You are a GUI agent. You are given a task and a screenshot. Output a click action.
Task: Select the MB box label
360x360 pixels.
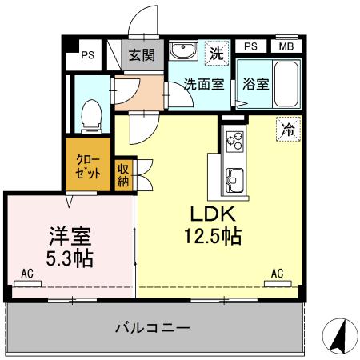286,46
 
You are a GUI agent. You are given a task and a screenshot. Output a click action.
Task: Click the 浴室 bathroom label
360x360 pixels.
256,83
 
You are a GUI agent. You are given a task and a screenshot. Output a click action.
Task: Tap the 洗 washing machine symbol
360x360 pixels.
215,54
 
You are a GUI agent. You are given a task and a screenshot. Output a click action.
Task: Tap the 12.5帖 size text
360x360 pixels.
210,238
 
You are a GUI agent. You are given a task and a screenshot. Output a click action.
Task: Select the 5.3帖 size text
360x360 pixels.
68,258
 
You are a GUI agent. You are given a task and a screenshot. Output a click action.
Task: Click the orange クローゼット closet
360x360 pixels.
88,166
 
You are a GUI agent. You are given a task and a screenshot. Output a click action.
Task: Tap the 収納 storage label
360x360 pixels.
124,174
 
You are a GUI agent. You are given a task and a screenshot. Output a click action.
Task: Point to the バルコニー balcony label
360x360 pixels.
151,327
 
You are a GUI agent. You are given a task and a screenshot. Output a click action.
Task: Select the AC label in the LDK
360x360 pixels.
277,274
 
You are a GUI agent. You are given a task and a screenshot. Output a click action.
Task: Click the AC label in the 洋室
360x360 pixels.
27,274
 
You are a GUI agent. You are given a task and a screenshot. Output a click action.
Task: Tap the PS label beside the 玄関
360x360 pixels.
88,55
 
